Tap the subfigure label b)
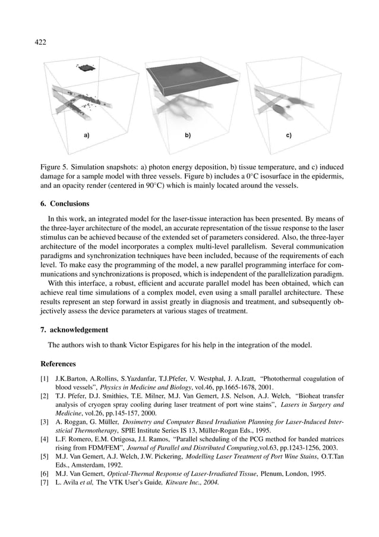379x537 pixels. coord(188,136)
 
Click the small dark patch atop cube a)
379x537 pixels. coord(86,68)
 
